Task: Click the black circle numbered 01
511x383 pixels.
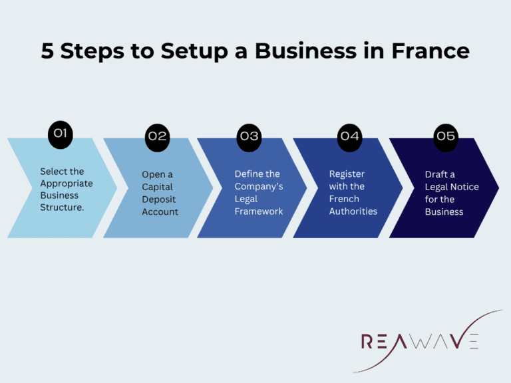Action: coord(61,133)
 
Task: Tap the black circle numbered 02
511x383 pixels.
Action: coord(157,136)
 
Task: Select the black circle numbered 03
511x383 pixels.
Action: coord(250,136)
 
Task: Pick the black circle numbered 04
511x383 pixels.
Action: coord(349,136)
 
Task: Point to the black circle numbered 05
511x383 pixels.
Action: coord(445,136)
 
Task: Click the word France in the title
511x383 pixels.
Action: coord(431,51)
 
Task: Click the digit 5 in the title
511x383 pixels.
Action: coord(47,51)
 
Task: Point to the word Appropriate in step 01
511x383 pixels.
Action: coord(67,183)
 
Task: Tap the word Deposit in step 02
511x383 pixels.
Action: coord(159,199)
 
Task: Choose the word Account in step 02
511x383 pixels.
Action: coord(160,211)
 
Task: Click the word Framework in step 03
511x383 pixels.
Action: coord(259,211)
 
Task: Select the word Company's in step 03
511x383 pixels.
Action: coord(259,186)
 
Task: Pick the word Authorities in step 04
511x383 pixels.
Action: coord(353,211)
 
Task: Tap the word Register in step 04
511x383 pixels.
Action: coord(347,174)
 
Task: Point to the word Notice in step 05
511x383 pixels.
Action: coord(465,187)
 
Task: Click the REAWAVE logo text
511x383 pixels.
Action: coord(419,342)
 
